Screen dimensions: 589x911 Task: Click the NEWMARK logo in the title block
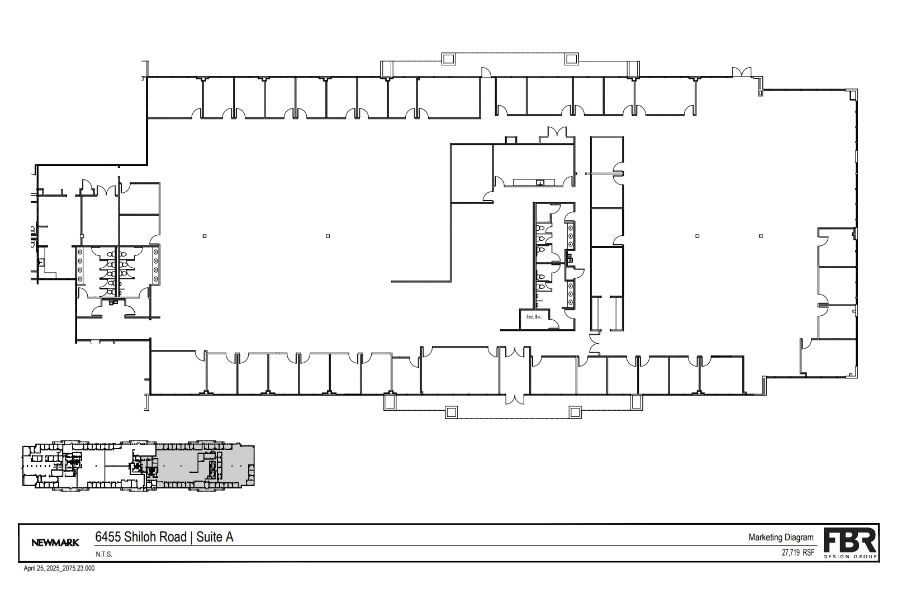coord(55,542)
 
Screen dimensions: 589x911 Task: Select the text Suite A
coord(215,537)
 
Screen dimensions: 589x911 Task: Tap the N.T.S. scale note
coord(103,554)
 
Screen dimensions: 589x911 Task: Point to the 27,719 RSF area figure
coord(798,553)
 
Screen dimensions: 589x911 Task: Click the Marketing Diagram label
coord(781,538)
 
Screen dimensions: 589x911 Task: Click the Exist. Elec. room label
coord(534,317)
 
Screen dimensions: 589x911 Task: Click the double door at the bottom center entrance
coord(515,399)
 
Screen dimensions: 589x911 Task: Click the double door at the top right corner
coord(742,72)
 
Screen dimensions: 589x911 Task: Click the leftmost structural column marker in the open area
coord(205,236)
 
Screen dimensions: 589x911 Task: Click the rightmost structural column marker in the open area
coord(761,236)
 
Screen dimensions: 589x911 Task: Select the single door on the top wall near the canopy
coord(486,72)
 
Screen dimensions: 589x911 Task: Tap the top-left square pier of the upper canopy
coord(448,59)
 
